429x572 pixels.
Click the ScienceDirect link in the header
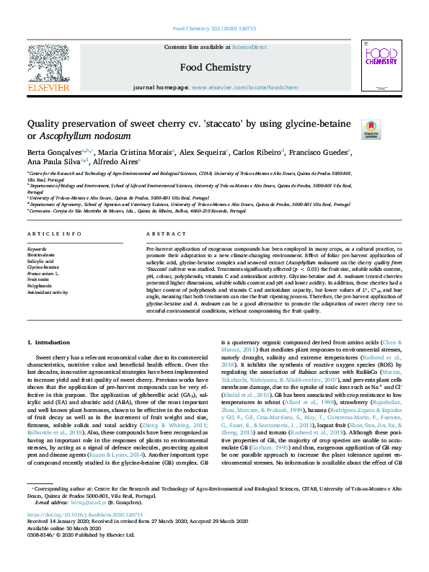247,46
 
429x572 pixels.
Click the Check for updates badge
350,130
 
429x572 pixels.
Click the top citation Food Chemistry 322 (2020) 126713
214,30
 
